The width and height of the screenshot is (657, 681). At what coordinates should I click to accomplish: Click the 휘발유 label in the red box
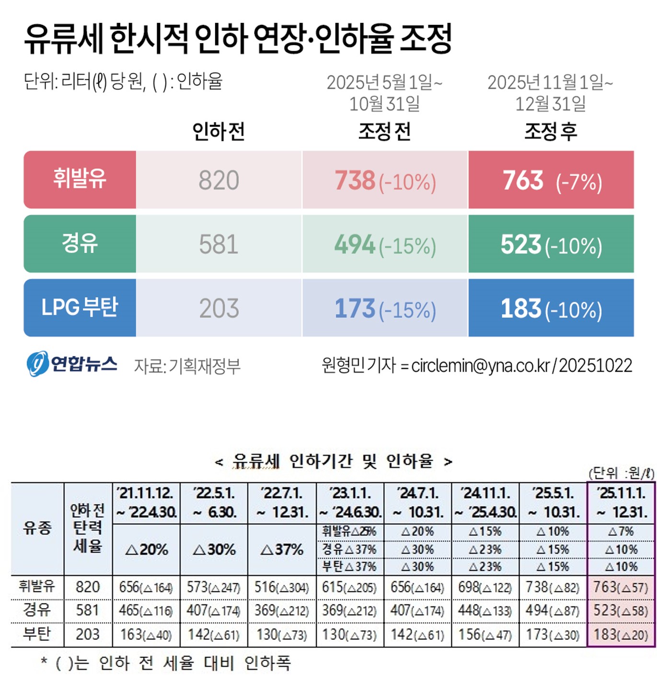(x=80, y=179)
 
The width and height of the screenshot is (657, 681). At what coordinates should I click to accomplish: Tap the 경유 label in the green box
(x=80, y=243)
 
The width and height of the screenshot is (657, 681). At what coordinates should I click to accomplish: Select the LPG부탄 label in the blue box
(x=80, y=307)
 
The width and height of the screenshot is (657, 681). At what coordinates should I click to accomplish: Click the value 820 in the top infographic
(x=219, y=181)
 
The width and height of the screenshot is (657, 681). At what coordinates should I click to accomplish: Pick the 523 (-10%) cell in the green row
(x=551, y=245)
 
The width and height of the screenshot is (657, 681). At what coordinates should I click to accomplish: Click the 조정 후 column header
(x=551, y=131)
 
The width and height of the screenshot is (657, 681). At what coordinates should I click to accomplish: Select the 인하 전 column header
(x=219, y=131)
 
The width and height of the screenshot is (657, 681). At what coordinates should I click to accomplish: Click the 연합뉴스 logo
(x=72, y=364)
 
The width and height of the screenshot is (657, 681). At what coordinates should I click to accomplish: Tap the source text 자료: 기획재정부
(x=187, y=366)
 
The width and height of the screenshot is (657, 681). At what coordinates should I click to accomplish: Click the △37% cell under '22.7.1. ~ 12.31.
(x=282, y=549)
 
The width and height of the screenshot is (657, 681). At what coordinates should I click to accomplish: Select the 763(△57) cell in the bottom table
(x=621, y=587)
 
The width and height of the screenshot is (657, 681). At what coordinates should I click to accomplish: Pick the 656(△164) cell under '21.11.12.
(x=146, y=587)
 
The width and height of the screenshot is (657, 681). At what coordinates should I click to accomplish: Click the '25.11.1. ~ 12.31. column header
(x=621, y=502)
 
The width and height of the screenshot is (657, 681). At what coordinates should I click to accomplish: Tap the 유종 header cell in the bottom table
(x=37, y=528)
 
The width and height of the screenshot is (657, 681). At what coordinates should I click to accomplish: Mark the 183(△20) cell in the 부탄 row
(x=621, y=635)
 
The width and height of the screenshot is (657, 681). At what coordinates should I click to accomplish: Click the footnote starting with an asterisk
(x=166, y=663)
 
